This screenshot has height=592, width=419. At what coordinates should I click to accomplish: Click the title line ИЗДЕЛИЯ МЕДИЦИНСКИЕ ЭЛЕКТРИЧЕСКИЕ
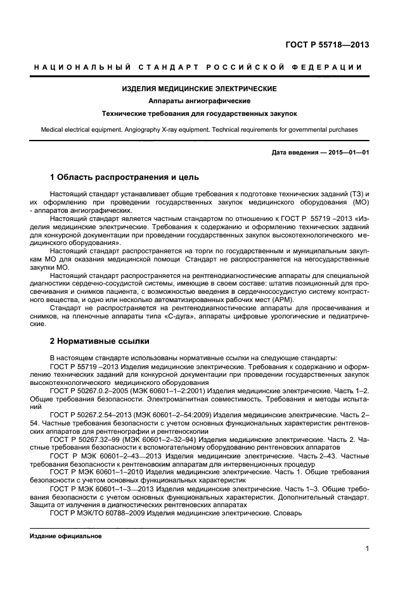(199, 89)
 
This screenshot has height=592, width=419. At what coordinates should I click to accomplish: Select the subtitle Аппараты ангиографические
(199, 101)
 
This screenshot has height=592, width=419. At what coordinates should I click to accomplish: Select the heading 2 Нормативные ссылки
(100, 341)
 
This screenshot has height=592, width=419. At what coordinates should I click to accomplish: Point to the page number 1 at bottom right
(367, 549)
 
